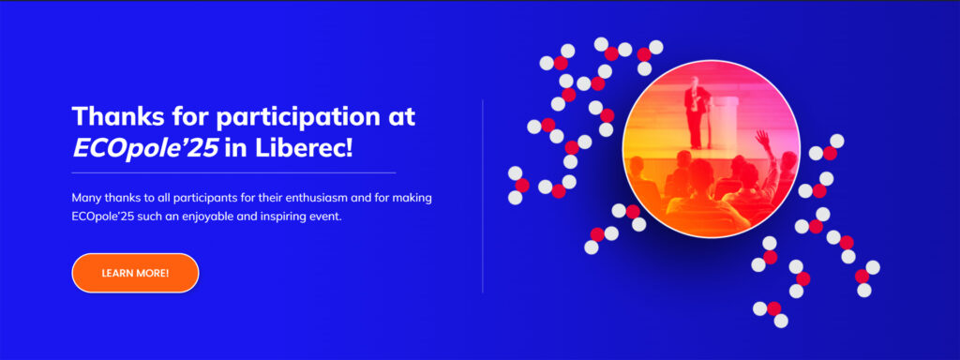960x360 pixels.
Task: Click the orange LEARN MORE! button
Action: pyautogui.click(x=135, y=273)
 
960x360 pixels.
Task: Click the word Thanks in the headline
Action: pyautogui.click(x=113, y=115)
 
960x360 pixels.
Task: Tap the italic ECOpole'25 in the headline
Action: pyautogui.click(x=145, y=148)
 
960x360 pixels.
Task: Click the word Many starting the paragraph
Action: pyautogui.click(x=83, y=199)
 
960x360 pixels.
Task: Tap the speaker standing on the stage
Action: pyautogui.click(x=695, y=112)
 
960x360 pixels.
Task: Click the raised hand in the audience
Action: pyautogui.click(x=763, y=141)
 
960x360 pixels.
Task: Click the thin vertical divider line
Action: pyautogui.click(x=483, y=196)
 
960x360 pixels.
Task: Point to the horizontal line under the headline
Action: pyautogui.click(x=233, y=173)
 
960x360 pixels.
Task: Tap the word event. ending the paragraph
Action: pyautogui.click(x=325, y=217)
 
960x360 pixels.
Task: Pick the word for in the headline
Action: pyautogui.click(x=187, y=115)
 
